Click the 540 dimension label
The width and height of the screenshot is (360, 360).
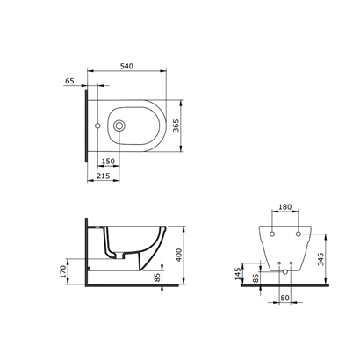point(126,66)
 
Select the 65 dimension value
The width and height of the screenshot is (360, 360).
point(69,81)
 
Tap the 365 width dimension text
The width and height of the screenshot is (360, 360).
point(176,126)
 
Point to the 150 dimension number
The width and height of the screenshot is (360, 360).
point(108,161)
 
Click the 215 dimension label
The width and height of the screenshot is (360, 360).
point(104,176)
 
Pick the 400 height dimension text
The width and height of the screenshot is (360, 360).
point(178,255)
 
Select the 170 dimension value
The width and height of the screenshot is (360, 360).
point(63,271)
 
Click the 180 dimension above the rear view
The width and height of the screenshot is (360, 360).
point(284,207)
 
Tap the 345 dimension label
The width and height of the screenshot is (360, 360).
point(320,259)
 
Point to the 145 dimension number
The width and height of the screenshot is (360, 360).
point(238,274)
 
